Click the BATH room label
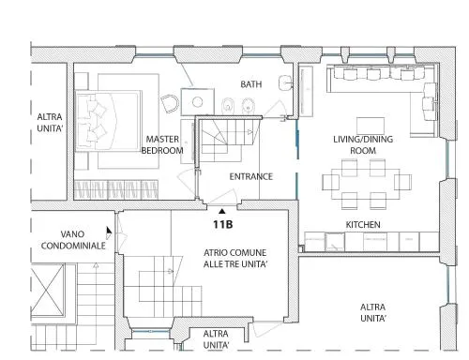tap(251, 84)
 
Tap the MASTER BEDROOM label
tap(162, 144)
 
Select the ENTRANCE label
tap(251, 176)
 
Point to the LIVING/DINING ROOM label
tap(363, 144)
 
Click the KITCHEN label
tap(363, 224)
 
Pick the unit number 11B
tap(222, 224)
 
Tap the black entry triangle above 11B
tap(222, 211)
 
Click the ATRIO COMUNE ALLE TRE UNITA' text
tap(235, 258)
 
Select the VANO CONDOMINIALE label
tap(73, 240)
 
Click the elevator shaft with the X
tap(47, 290)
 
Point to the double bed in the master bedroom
tap(108, 121)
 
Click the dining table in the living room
tap(366, 184)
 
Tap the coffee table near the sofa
tap(371, 126)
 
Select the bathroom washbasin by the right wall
tap(284, 82)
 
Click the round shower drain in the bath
tap(197, 101)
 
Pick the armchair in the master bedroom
tap(170, 104)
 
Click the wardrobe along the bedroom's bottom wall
tap(116, 189)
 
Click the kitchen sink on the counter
tap(335, 242)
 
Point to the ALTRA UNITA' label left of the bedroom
tap(50, 123)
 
